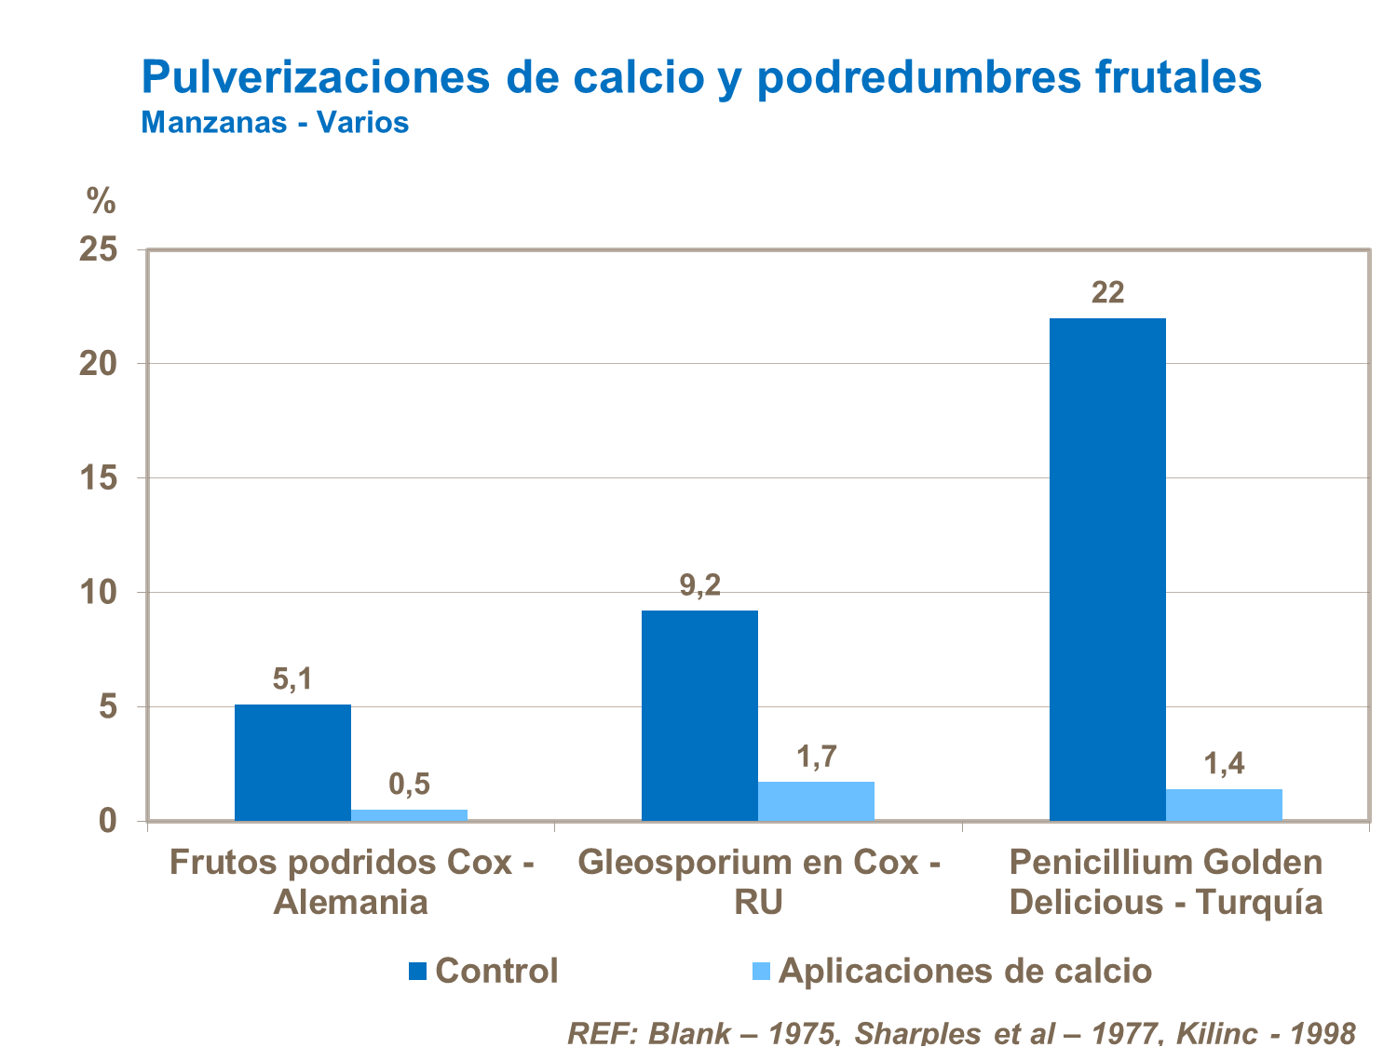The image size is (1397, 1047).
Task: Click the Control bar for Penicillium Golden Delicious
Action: [x=1107, y=569]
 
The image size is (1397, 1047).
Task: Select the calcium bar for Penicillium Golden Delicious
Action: [x=1224, y=805]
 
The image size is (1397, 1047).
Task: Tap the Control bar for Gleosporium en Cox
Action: [x=699, y=715]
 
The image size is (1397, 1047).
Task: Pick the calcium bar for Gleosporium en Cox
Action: [x=816, y=801]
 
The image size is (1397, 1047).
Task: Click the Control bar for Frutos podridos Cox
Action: [x=292, y=762]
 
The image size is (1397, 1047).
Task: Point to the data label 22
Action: [x=1107, y=293]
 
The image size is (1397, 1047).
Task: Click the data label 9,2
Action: [x=699, y=586]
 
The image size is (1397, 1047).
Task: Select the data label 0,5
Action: [x=409, y=785]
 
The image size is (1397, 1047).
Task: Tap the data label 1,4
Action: [x=1224, y=764]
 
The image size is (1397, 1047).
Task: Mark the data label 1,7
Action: [x=816, y=757]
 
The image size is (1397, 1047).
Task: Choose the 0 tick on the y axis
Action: [x=108, y=821]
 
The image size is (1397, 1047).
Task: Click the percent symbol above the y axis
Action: [x=101, y=199]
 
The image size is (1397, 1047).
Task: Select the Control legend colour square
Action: [x=417, y=972]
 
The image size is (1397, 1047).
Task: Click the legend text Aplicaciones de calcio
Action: [x=965, y=971]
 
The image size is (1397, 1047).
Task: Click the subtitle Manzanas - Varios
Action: [x=275, y=122]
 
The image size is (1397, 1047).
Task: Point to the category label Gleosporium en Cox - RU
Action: [x=758, y=882]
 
